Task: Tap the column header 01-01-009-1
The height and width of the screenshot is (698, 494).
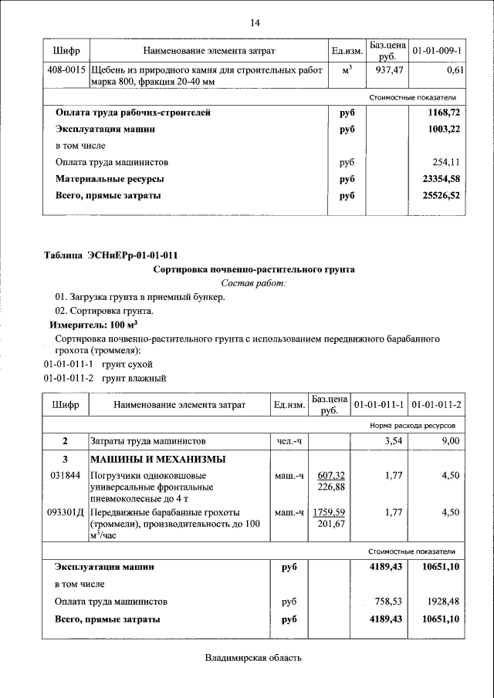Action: click(436, 50)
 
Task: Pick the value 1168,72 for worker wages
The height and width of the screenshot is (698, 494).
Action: click(444, 113)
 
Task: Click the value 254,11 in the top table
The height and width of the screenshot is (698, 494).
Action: click(448, 163)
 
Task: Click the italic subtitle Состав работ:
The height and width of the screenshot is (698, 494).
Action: click(253, 284)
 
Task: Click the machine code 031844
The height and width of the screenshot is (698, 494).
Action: click(65, 475)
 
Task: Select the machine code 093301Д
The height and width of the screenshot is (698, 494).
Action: click(66, 511)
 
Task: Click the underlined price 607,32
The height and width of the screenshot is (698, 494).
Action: click(331, 475)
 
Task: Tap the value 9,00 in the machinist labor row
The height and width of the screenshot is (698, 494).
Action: click(450, 441)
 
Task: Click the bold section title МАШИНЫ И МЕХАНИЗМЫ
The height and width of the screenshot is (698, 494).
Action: click(158, 460)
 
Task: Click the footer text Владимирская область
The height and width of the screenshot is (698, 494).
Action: click(253, 658)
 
